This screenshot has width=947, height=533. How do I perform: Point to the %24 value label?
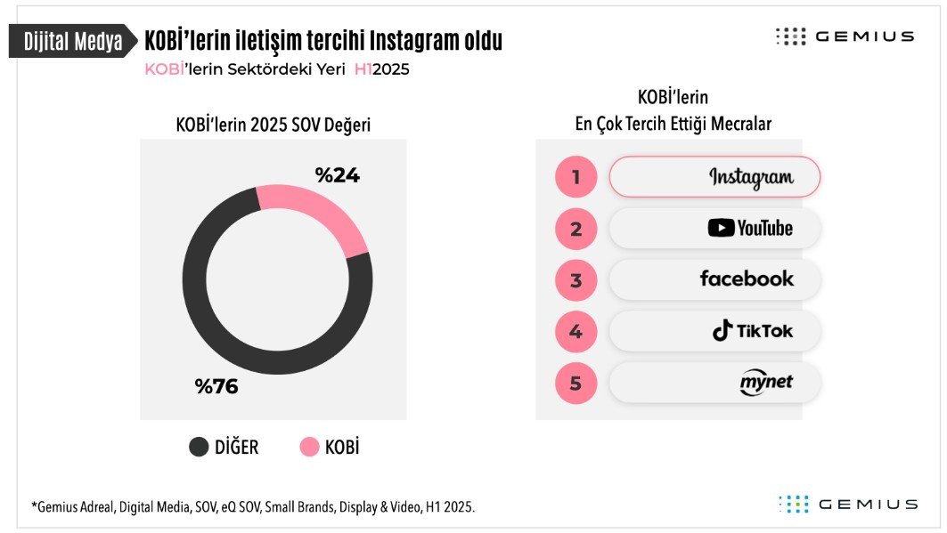point(337,175)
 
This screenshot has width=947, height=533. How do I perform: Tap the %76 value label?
point(216,386)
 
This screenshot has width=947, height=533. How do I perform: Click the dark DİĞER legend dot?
point(199,447)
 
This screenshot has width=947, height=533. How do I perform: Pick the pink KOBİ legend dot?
point(309,447)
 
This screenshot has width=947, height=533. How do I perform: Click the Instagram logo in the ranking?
point(751,178)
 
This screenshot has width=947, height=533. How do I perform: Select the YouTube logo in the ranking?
point(750,228)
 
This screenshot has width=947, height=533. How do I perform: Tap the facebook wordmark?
point(747,279)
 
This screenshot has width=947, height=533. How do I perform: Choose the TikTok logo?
point(753,330)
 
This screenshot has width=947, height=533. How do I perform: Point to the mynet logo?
point(766,383)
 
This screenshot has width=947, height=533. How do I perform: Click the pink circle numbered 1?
point(576,177)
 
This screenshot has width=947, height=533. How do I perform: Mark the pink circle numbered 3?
point(576,280)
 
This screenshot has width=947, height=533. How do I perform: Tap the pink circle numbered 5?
point(576,383)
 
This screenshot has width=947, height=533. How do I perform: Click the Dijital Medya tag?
point(73,41)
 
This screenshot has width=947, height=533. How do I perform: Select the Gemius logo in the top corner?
point(845,36)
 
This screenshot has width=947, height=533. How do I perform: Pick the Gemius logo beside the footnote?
point(848,504)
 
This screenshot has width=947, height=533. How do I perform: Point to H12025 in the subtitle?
point(381,69)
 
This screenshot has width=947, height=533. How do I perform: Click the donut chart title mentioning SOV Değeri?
point(273,125)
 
